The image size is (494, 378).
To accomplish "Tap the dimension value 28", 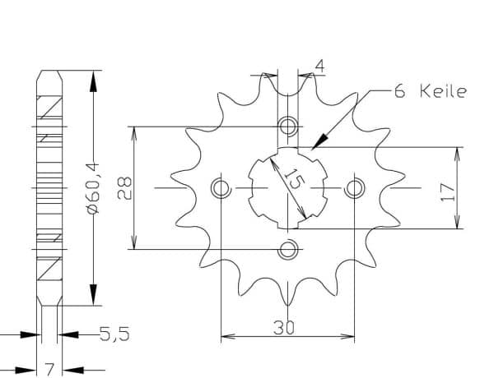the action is [x=124, y=188].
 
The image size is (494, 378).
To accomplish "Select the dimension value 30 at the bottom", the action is [x=283, y=327].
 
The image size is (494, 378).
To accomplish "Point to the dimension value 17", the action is [x=447, y=192].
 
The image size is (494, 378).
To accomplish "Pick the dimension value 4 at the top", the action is [x=319, y=67].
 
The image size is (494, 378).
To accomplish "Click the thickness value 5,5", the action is [x=114, y=334].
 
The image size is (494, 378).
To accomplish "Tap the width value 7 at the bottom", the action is [x=49, y=370].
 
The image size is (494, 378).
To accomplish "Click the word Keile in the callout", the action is [x=443, y=91].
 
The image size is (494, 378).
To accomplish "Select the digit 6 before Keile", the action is [x=399, y=91].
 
